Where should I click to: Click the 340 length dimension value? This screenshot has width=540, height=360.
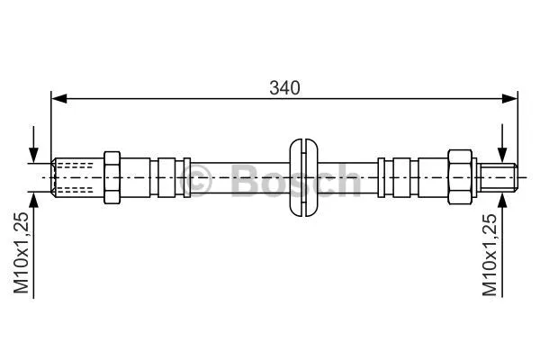(x=283, y=87)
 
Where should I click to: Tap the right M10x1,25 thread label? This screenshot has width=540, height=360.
(x=490, y=256)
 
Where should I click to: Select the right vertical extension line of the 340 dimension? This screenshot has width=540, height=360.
(x=518, y=126)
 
